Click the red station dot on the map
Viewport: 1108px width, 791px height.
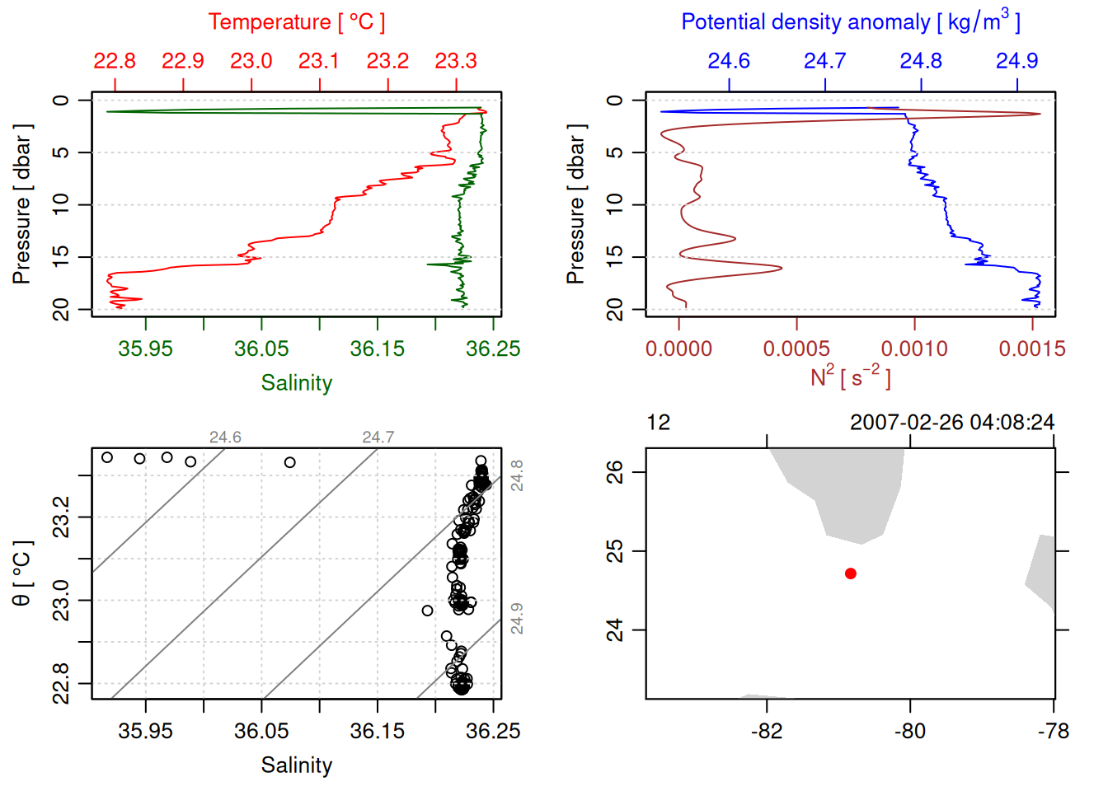click(x=850, y=573)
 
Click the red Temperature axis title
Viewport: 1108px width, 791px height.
click(x=296, y=22)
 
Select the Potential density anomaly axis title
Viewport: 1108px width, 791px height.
click(x=850, y=22)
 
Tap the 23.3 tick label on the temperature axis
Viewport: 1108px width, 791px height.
click(x=456, y=61)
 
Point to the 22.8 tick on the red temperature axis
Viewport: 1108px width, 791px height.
click(x=115, y=61)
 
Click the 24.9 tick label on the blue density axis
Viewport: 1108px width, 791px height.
click(x=1016, y=61)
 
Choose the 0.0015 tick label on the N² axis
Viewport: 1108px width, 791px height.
click(x=1031, y=349)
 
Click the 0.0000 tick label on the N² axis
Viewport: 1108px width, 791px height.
click(x=678, y=349)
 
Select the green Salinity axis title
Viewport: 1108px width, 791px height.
click(x=296, y=383)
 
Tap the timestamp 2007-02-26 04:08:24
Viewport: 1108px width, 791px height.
click(x=952, y=423)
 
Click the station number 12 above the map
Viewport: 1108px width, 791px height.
click(x=659, y=423)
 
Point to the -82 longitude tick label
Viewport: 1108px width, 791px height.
click(x=767, y=731)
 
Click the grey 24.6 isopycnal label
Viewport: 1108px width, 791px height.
click(x=225, y=438)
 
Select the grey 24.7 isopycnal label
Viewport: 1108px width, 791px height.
click(x=378, y=438)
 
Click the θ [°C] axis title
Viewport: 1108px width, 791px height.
click(x=22, y=573)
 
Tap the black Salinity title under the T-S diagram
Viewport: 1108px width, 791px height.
click(x=296, y=765)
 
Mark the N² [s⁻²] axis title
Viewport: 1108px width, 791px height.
click(x=850, y=377)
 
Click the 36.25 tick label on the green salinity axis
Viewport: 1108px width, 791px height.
click(x=493, y=349)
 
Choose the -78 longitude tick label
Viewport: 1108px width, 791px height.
click(x=1054, y=731)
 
